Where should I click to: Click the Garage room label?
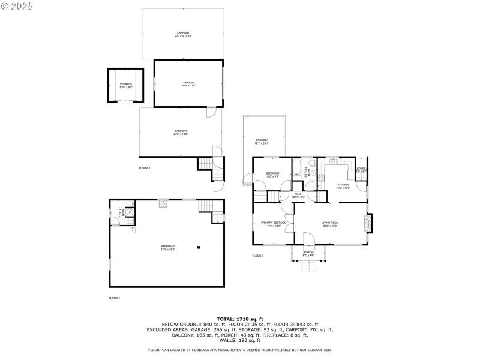(x=189, y=83)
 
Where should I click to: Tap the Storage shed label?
(x=125, y=85)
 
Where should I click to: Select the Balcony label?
(x=262, y=142)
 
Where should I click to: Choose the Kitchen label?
(x=343, y=186)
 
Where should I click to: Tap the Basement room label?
(x=167, y=247)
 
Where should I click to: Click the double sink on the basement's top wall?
(x=163, y=204)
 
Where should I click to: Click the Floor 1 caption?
(x=115, y=298)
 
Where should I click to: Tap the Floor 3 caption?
(x=258, y=256)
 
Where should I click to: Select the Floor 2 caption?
(x=145, y=168)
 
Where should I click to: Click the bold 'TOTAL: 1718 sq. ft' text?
(x=240, y=319)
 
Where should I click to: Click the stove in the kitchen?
(x=321, y=178)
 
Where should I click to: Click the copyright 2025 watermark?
(x=18, y=5)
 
